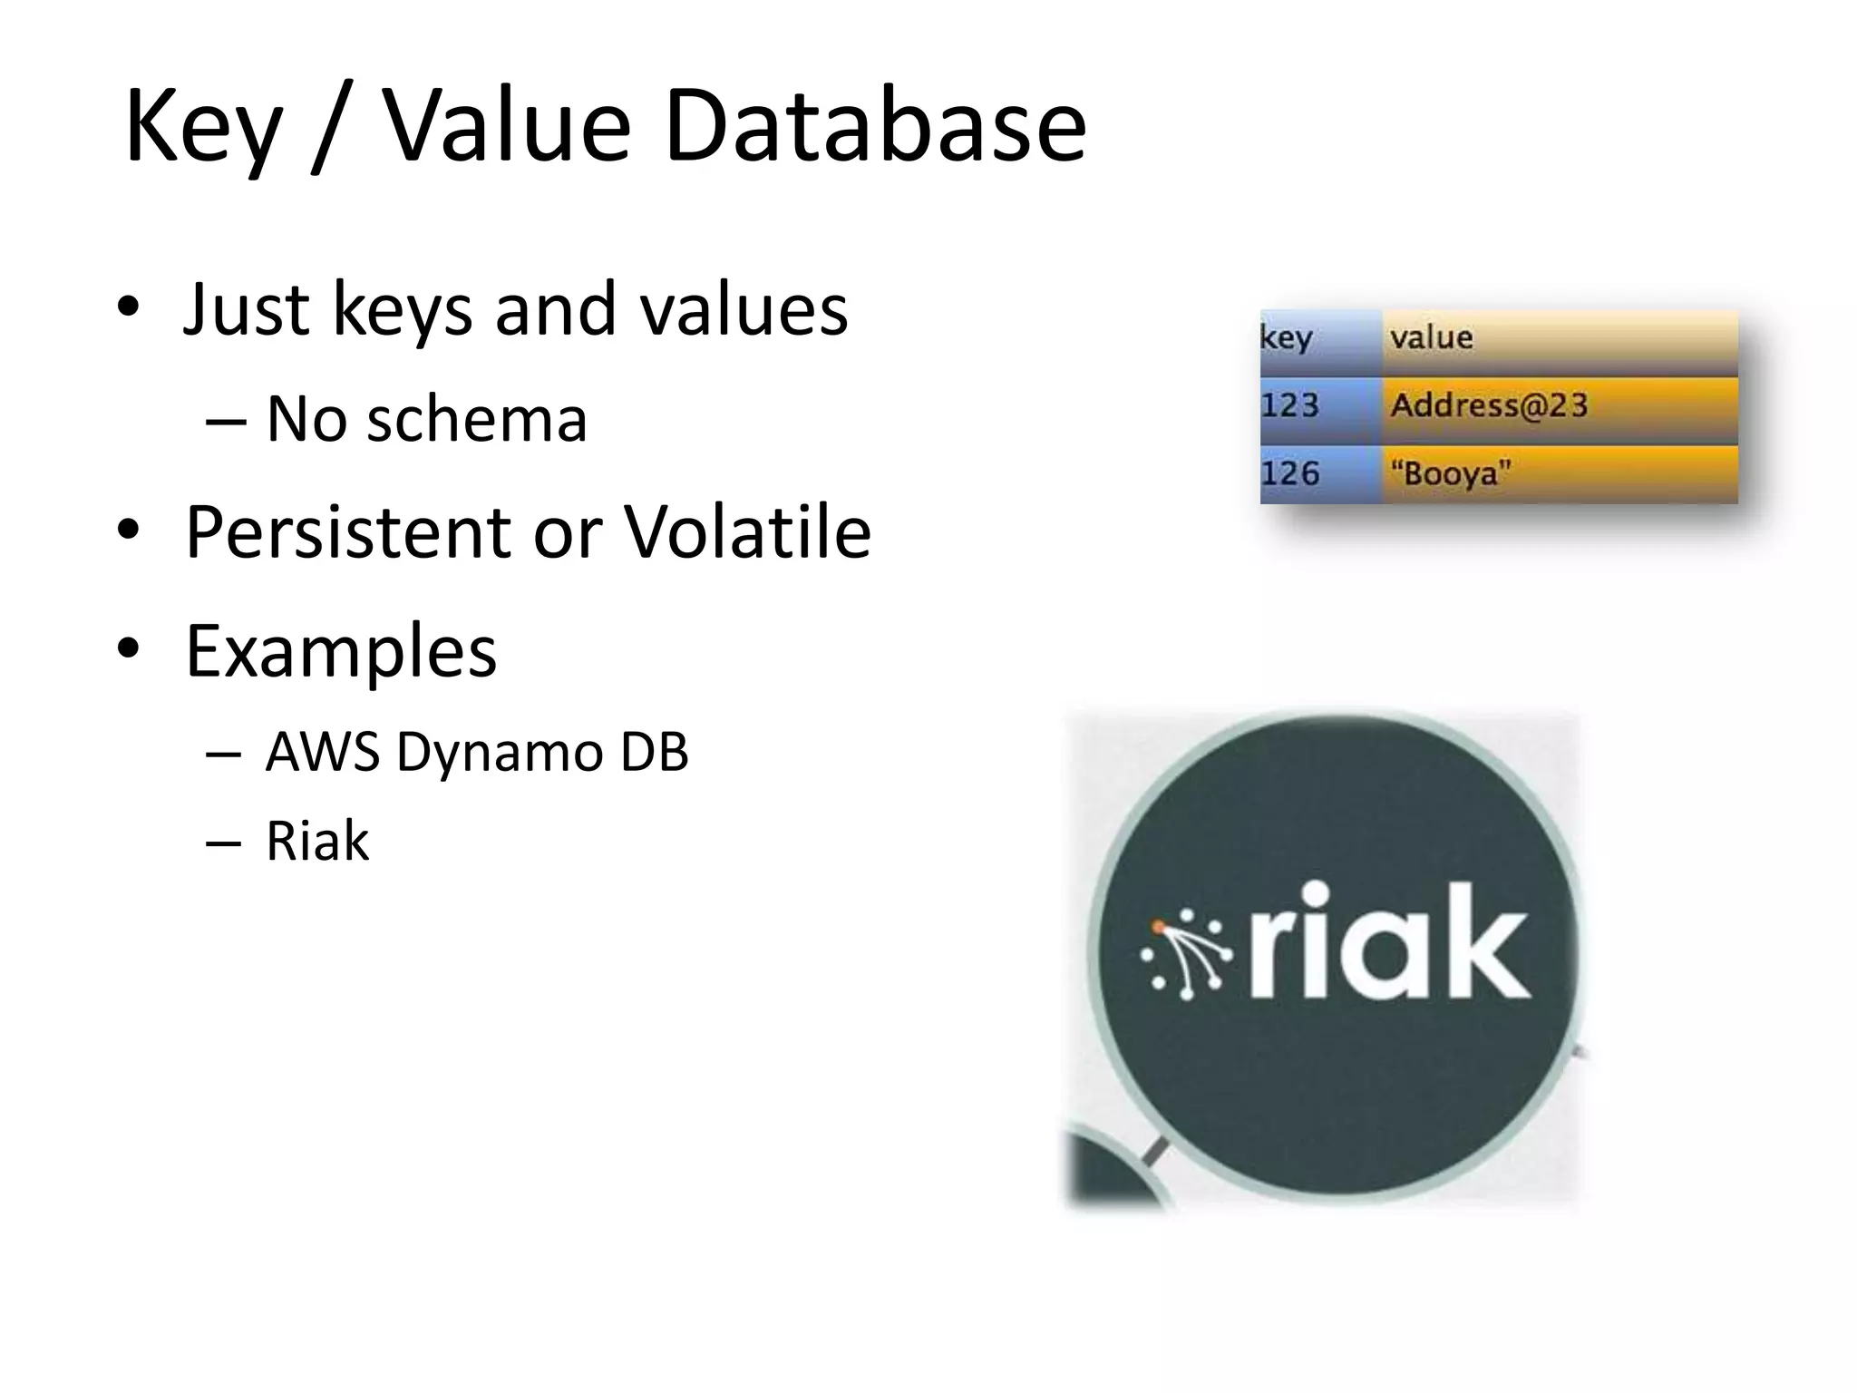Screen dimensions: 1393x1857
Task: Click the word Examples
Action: tap(341, 650)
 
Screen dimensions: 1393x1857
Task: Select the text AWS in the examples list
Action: tap(321, 752)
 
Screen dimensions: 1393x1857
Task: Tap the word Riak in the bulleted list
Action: tap(316, 841)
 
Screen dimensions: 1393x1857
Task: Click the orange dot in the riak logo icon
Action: tap(1158, 927)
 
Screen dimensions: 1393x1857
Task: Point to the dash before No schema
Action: tap(225, 421)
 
